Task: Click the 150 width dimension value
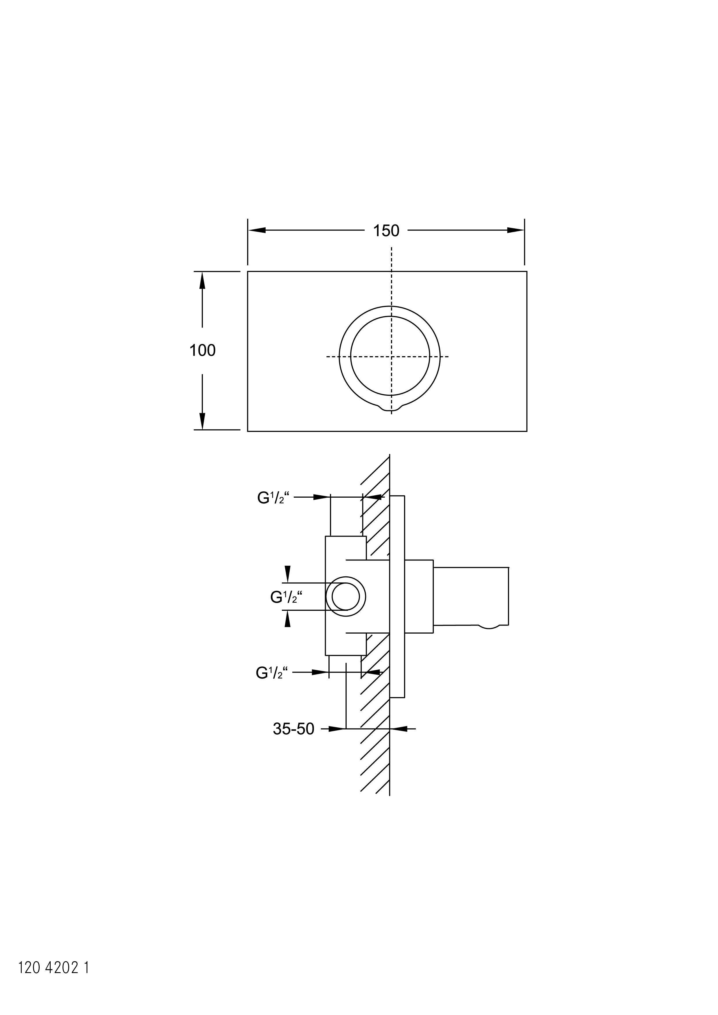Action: click(386, 231)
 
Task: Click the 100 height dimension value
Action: click(203, 351)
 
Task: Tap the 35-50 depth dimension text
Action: click(293, 729)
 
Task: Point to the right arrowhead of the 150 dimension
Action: click(515, 230)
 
